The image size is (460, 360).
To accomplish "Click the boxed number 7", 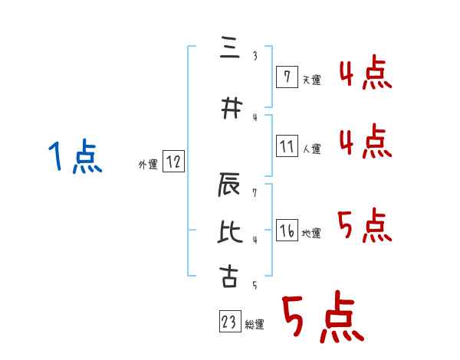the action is (x=286, y=77).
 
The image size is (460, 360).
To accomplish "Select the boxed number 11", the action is (x=287, y=146).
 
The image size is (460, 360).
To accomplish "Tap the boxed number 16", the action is (x=287, y=231).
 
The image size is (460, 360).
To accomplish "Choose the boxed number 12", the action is (x=173, y=162).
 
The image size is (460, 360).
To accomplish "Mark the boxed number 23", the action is (x=229, y=322).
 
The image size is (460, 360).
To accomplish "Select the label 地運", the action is (x=311, y=233).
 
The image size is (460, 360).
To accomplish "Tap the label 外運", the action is (x=148, y=164).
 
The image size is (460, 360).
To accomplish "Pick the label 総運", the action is (x=255, y=325).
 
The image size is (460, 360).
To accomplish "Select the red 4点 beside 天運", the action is (x=366, y=75).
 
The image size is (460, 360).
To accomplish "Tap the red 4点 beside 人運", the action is (x=366, y=142).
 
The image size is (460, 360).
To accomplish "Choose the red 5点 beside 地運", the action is (x=366, y=224).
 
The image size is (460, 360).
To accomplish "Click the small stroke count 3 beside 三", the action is (x=254, y=55).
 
